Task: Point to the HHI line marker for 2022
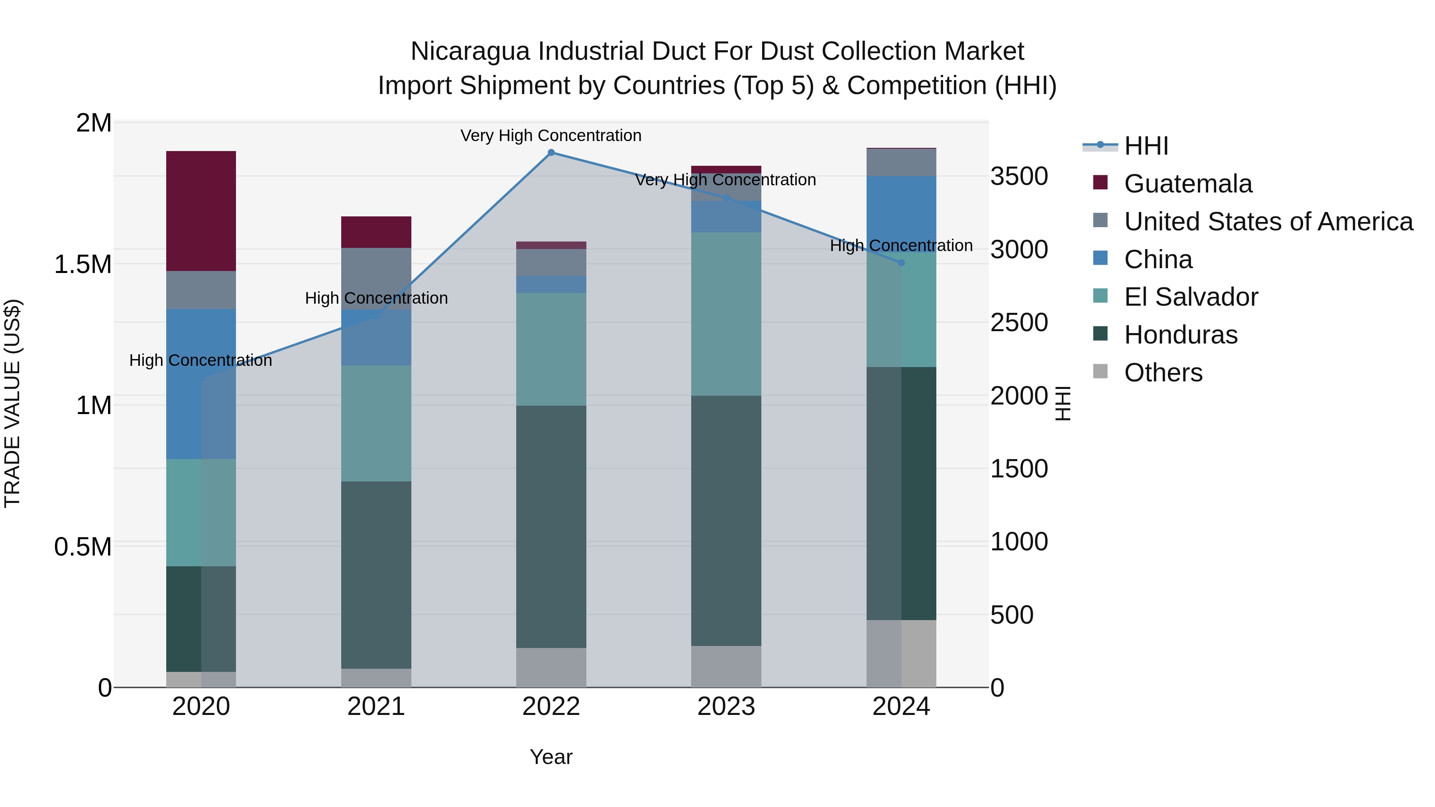550,153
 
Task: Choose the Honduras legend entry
1180,335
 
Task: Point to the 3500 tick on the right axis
1019,177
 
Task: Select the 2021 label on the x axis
375,707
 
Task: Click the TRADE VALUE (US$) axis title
12,403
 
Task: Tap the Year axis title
550,757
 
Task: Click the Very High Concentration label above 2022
550,135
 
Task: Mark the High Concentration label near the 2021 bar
376,298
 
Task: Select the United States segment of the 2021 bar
375,279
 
